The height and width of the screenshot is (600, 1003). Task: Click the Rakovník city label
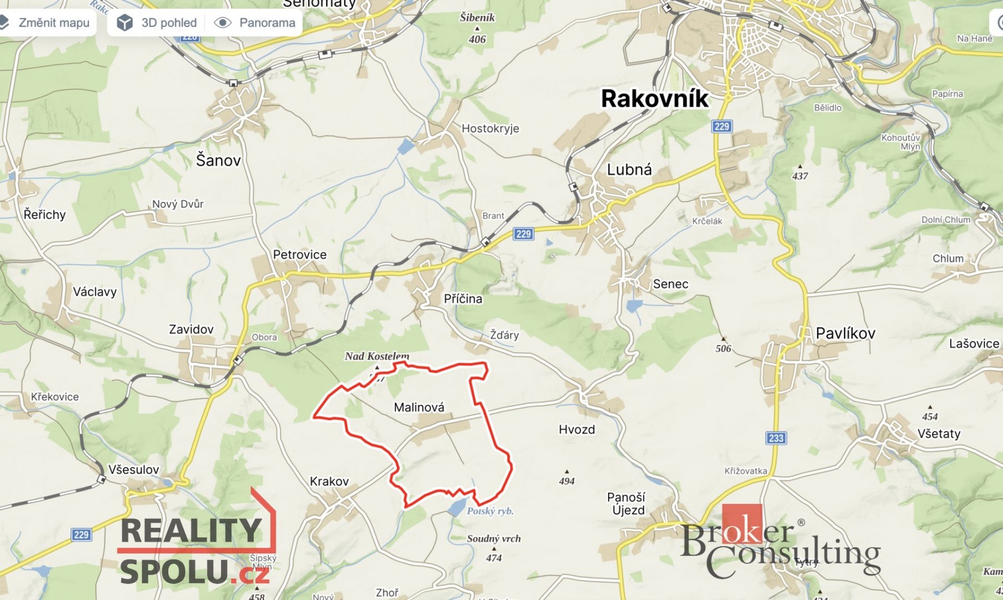point(655,99)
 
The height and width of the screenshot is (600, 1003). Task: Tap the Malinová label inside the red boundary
point(419,407)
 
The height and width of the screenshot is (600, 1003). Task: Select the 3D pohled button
point(157,23)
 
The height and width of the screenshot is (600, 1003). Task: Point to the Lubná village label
point(629,170)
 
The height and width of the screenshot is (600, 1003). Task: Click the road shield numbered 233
point(776,438)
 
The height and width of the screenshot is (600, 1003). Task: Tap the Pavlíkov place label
point(845,333)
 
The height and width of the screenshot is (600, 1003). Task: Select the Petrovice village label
point(299,255)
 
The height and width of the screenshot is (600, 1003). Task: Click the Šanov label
point(218,160)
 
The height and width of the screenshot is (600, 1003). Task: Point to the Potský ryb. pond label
point(490,511)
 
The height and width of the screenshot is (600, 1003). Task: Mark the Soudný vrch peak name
point(494,539)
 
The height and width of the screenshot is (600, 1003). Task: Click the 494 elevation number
point(567,481)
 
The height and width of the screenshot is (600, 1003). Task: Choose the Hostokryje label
point(490,129)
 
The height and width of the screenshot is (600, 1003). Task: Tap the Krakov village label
point(329,481)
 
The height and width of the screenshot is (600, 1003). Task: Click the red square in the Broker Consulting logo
point(742,523)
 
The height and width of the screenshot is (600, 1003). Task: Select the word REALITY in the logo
point(191,531)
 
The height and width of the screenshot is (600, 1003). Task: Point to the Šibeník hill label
point(477,18)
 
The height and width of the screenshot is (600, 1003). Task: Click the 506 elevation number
point(723,349)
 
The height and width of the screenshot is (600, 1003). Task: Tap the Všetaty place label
point(939,434)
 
